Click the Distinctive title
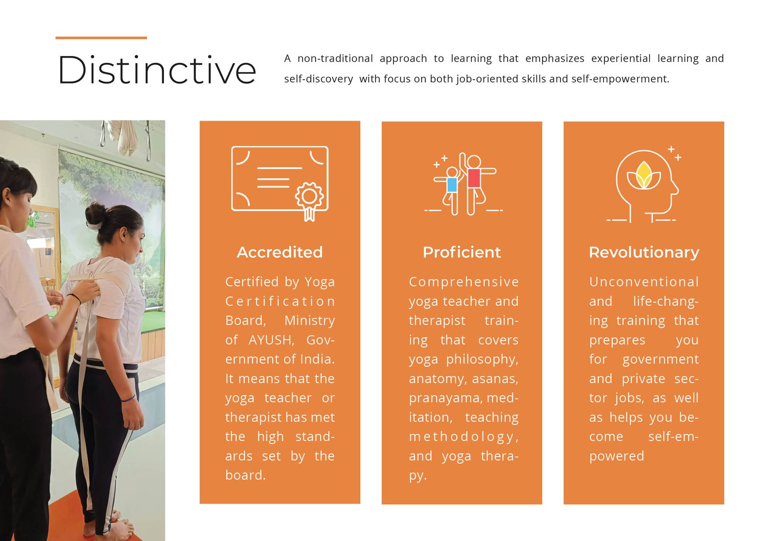(x=157, y=70)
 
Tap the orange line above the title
(x=101, y=38)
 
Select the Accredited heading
(x=280, y=252)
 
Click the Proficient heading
(x=462, y=252)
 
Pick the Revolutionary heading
(x=644, y=252)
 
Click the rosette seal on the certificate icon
(x=309, y=201)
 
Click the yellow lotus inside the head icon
(x=643, y=176)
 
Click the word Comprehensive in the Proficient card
(x=464, y=282)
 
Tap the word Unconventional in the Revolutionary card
(x=644, y=282)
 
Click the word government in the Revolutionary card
(x=661, y=360)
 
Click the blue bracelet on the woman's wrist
(x=128, y=398)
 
